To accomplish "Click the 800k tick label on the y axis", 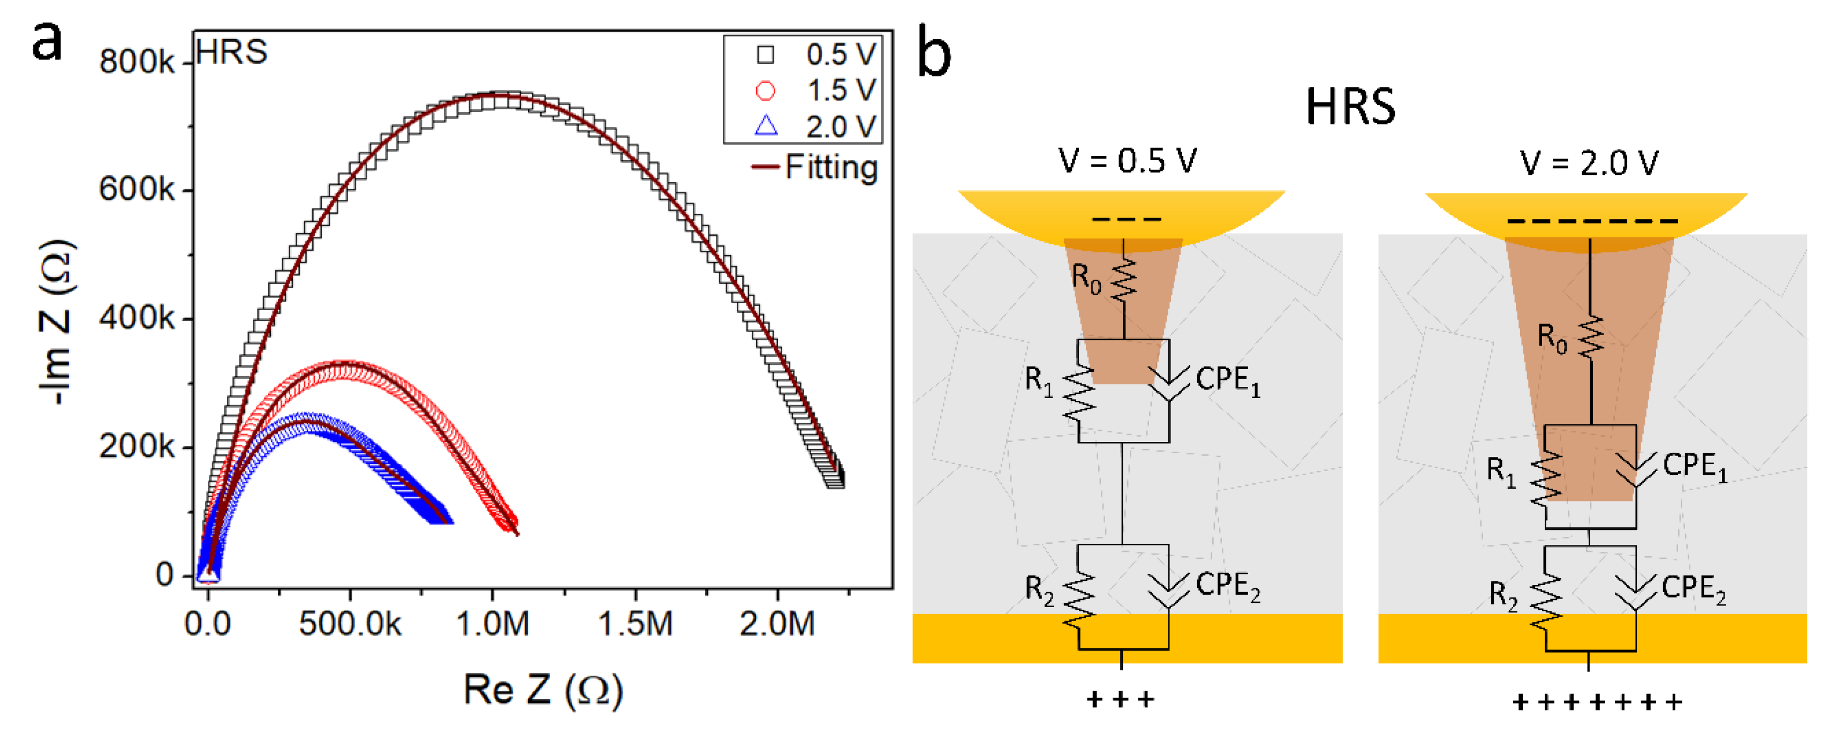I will click(x=137, y=62).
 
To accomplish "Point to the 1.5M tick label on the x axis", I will click(x=635, y=624).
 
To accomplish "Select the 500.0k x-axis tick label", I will click(x=349, y=624).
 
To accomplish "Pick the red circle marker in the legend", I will click(x=766, y=91).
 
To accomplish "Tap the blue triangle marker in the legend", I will click(x=766, y=126).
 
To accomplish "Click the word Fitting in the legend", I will click(x=832, y=168).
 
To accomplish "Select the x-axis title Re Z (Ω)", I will click(x=542, y=690).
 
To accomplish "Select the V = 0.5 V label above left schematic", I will click(x=1128, y=161).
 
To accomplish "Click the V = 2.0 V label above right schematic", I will click(x=1589, y=163).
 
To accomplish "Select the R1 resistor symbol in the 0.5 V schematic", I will click(x=1079, y=394).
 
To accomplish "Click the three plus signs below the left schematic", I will click(x=1121, y=699).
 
